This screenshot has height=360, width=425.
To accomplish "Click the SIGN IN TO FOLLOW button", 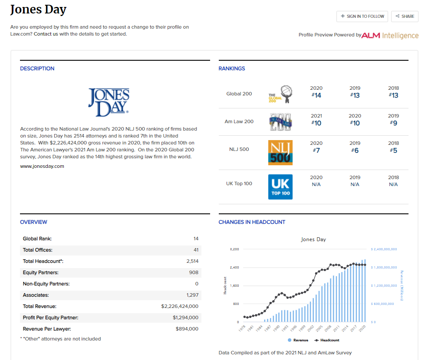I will [362, 16].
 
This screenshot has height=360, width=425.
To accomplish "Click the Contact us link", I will [46, 34].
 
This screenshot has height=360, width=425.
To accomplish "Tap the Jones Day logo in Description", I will [109, 102].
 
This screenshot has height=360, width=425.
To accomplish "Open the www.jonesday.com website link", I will [42, 166].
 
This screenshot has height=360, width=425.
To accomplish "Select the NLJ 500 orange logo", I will [280, 152].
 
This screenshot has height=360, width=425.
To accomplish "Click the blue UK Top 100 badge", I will [280, 187].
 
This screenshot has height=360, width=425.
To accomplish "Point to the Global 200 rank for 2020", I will [316, 95].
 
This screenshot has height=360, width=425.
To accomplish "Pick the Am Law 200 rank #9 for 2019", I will [393, 123].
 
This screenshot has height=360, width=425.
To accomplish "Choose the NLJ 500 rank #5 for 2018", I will [393, 151].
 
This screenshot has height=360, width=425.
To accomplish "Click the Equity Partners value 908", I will [194, 272].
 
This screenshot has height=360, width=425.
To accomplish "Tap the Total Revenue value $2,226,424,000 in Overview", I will [180, 306].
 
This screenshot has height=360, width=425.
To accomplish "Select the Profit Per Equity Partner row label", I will [50, 317].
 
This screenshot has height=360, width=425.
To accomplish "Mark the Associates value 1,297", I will [192, 295].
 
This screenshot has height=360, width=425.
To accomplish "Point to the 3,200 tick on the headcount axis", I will [234, 249].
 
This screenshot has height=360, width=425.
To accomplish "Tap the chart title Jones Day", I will [313, 239].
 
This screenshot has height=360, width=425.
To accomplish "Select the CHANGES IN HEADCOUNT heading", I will [252, 222].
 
